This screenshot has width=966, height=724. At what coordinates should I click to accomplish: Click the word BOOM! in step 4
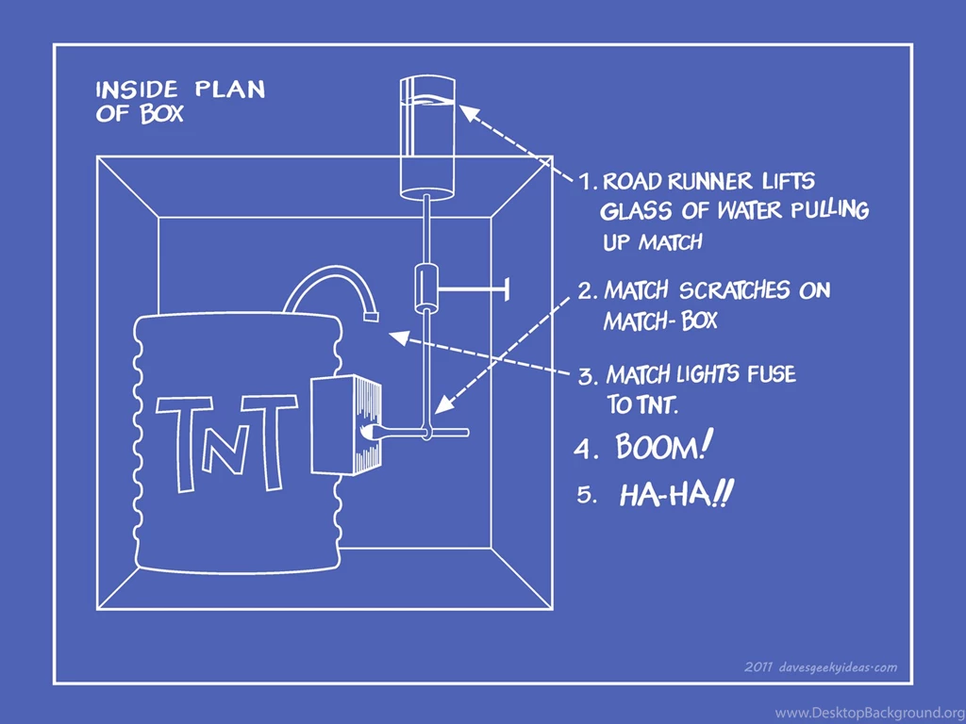pyautogui.click(x=660, y=446)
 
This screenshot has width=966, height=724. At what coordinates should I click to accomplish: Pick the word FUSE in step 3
pyautogui.click(x=770, y=375)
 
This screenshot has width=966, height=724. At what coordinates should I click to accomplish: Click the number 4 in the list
pyautogui.click(x=586, y=450)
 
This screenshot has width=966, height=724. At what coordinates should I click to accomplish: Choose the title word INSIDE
pyautogui.click(x=137, y=90)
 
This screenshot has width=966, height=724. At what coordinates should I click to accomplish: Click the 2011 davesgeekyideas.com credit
pyautogui.click(x=820, y=667)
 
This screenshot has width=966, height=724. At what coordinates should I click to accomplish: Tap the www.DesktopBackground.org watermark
pyautogui.click(x=869, y=712)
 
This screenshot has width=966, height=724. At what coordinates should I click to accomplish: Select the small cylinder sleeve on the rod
pyautogui.click(x=427, y=288)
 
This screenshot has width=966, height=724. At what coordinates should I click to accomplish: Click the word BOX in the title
pyautogui.click(x=163, y=115)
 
